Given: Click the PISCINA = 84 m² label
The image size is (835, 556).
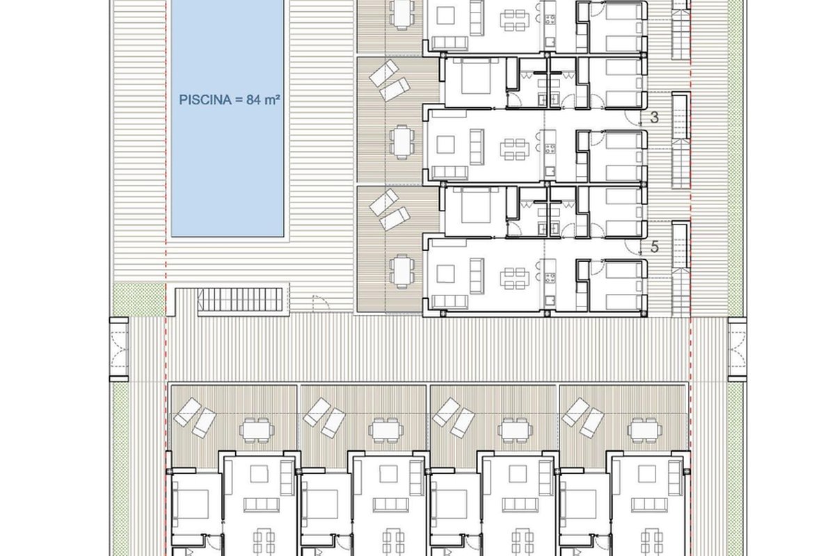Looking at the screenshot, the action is point(229,100).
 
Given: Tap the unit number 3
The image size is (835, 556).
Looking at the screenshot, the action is point(654,117).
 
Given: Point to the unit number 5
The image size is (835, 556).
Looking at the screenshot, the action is point(654,247).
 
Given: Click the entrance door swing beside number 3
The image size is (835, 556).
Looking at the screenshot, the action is point(633,117).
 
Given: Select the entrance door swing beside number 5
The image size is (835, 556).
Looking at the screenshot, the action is point(633,246).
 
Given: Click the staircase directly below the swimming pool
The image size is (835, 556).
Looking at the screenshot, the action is point(240,300).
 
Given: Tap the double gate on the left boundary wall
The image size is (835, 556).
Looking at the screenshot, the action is point(119,350).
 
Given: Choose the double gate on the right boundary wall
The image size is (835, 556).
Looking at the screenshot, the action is point(737,350).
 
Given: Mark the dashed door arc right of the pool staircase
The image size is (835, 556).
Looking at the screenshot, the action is point(321,302).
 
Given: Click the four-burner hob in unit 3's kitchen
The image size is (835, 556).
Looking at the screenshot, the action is point(550,149).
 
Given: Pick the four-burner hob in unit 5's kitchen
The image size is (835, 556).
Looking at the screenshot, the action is point(550,278).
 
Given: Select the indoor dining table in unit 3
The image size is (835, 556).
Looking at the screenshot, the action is point(514,149).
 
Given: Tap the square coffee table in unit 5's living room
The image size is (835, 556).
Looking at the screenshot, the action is point(445,274).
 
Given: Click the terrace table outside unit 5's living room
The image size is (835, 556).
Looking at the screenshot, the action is point(402,272).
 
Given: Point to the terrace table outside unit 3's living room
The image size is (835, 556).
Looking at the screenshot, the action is point(402,142).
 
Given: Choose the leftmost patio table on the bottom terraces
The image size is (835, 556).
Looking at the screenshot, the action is point(257,430).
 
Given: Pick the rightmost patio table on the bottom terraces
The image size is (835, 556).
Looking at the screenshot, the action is point(645,430).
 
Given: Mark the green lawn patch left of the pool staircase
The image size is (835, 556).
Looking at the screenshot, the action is point(139,299).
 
